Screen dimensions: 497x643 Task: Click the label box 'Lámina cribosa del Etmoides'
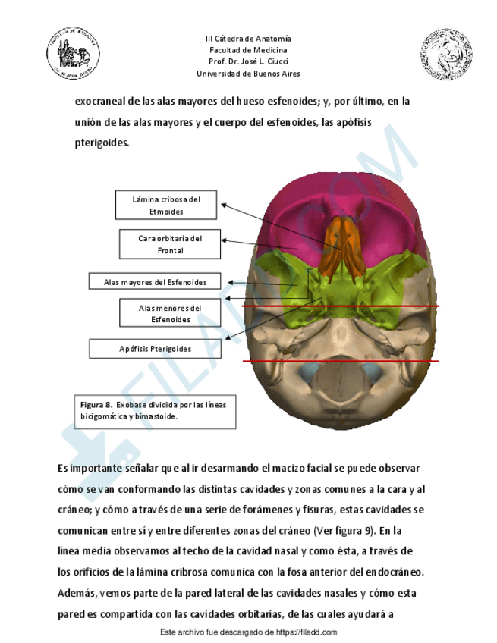click(166, 205)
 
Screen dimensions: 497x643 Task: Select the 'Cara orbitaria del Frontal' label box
click(170, 244)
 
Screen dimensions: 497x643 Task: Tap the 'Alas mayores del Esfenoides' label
click(155, 282)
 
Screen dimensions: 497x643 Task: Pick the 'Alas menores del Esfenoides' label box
click(170, 314)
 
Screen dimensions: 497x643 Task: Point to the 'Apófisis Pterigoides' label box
click(155, 349)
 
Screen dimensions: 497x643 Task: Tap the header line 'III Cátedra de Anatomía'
click(248, 39)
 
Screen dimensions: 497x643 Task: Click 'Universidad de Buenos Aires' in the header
click(248, 74)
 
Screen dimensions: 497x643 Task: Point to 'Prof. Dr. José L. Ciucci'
click(248, 62)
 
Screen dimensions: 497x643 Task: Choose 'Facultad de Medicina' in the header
click(248, 50)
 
